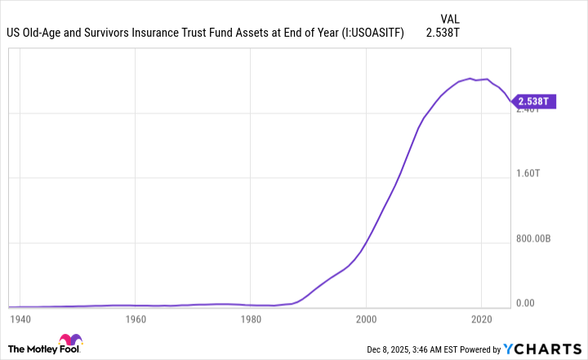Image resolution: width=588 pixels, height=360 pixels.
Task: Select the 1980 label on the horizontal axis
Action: tap(251, 318)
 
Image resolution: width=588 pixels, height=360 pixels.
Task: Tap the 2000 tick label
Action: tap(367, 318)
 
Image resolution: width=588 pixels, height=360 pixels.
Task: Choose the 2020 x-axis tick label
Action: tap(482, 318)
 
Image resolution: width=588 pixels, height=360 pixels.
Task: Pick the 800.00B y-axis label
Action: tap(535, 239)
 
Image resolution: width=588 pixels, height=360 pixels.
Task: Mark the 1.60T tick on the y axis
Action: tap(528, 174)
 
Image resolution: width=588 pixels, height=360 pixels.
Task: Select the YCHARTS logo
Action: tap(543, 349)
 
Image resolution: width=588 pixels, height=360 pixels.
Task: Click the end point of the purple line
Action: tap(510, 102)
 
